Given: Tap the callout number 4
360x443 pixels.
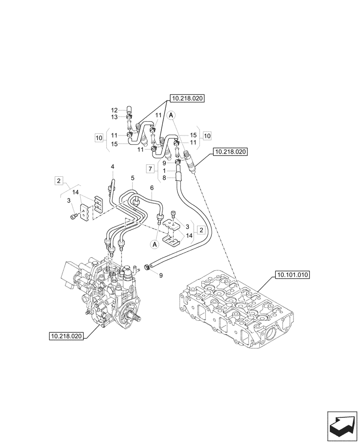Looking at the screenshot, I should point(113,167).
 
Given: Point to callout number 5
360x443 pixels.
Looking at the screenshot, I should point(132,178).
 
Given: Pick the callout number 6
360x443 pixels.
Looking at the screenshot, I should point(151,187).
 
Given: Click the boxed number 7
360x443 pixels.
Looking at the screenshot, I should point(151,169).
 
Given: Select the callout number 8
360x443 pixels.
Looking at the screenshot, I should point(164,179).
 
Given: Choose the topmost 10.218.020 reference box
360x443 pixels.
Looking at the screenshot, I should point(186,99).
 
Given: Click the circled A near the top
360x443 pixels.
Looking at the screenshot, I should point(172,115).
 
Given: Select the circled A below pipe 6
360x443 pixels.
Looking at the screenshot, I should point(155,244).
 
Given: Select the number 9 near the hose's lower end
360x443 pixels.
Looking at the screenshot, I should point(161,275).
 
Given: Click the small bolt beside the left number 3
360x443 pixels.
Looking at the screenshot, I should point(74,216).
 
